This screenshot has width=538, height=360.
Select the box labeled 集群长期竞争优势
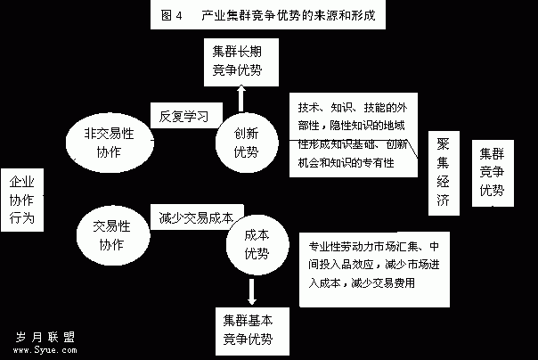tap(241, 62)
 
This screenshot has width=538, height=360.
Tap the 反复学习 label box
tap(186, 116)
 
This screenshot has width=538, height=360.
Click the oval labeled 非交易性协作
tap(110, 143)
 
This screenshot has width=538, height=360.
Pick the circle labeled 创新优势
tap(247, 143)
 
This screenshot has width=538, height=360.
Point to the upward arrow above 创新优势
tap(241, 99)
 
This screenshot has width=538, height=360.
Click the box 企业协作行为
tap(22, 200)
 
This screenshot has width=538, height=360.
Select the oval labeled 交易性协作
tap(113, 235)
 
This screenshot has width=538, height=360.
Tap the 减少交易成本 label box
tap(197, 217)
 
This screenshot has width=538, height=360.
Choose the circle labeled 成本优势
tap(257, 244)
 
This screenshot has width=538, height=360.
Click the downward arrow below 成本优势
tap(252, 291)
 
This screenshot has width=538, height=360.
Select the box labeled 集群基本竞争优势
tap(252, 331)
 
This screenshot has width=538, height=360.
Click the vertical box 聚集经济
tap(444, 173)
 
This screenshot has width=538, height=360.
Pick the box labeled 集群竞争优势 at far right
tap(493, 173)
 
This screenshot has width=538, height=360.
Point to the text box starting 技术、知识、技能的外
tap(354, 135)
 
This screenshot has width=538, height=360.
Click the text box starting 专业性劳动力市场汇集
tap(374, 269)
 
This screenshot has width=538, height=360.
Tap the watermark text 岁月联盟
tap(45, 337)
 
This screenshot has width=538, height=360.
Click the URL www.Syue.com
tap(45, 350)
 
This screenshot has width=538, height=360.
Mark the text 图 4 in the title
tap(172, 15)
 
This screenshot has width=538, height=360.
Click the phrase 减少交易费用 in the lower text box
tap(383, 283)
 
